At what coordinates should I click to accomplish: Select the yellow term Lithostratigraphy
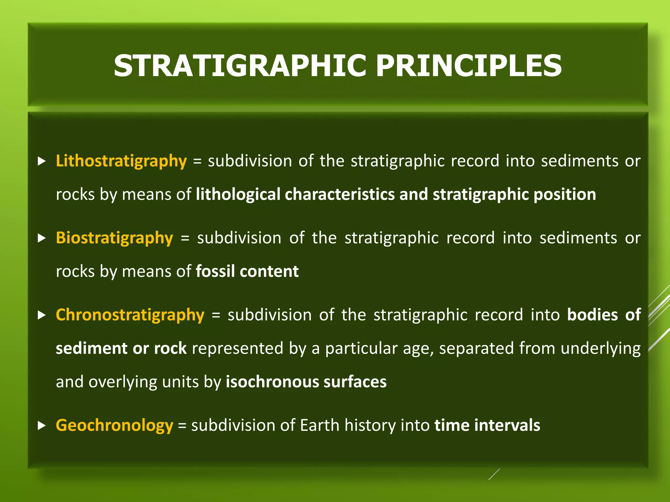click(x=121, y=161)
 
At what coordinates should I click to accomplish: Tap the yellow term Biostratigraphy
click(x=114, y=238)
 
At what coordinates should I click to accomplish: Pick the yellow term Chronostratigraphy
click(x=130, y=315)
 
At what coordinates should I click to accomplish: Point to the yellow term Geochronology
click(x=114, y=426)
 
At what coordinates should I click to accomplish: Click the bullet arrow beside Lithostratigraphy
click(x=42, y=161)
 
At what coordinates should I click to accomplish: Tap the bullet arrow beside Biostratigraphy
click(x=42, y=238)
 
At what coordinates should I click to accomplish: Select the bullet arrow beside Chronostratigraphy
click(x=42, y=315)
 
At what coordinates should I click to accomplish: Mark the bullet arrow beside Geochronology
click(x=42, y=426)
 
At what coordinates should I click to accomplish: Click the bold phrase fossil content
click(x=247, y=271)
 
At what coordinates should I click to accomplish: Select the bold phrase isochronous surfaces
click(x=306, y=382)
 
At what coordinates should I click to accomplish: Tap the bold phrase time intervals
click(x=487, y=426)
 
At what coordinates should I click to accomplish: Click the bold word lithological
click(x=238, y=194)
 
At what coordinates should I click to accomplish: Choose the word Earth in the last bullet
click(x=320, y=426)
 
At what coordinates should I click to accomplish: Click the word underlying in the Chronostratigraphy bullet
click(x=600, y=349)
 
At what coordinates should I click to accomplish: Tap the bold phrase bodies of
click(x=604, y=315)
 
